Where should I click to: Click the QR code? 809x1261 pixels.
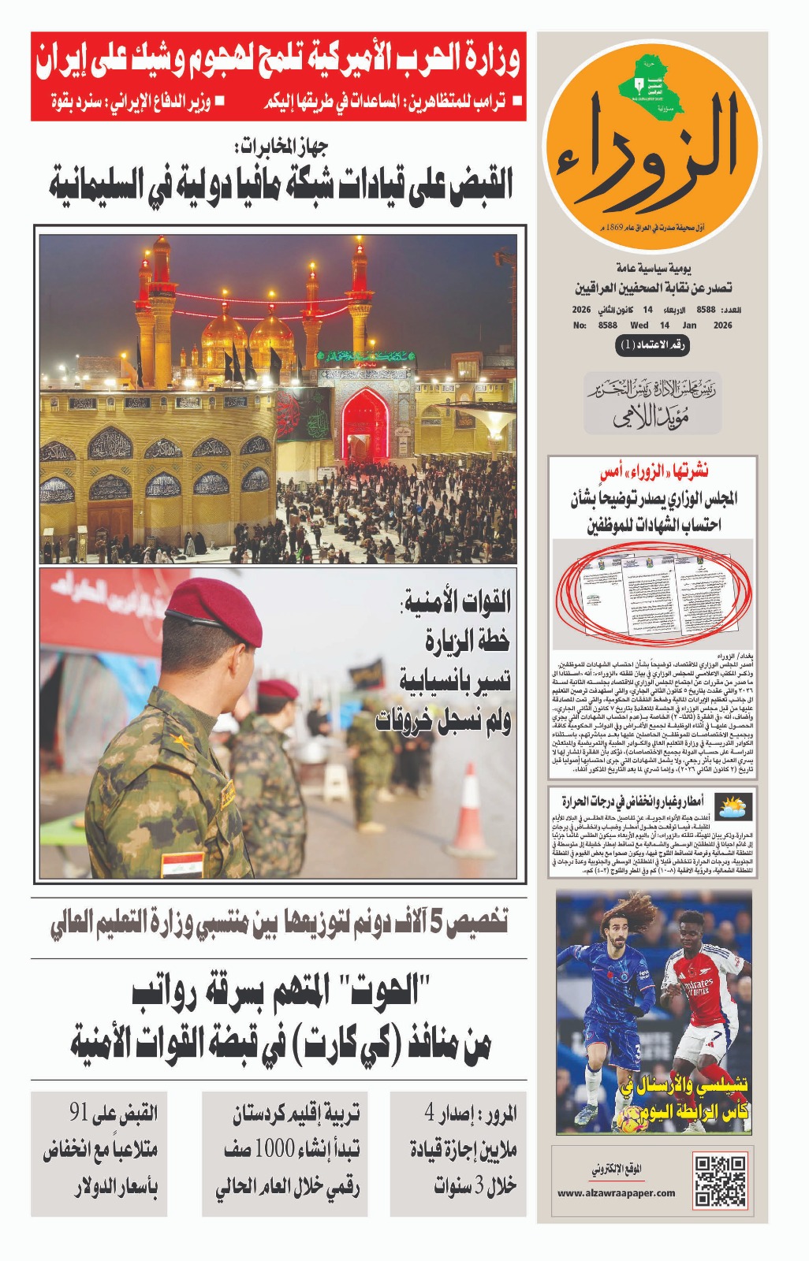(720, 1180)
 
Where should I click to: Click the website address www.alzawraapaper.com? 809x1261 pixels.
(616, 1192)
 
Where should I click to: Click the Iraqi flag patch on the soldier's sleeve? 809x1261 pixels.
(182, 864)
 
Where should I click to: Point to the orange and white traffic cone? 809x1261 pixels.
(471, 811)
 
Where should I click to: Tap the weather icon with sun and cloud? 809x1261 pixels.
(734, 806)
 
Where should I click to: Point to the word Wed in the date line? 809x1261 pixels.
(639, 325)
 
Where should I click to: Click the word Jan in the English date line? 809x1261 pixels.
(689, 325)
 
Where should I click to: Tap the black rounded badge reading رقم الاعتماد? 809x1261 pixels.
(652, 345)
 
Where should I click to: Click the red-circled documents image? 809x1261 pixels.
(653, 593)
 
